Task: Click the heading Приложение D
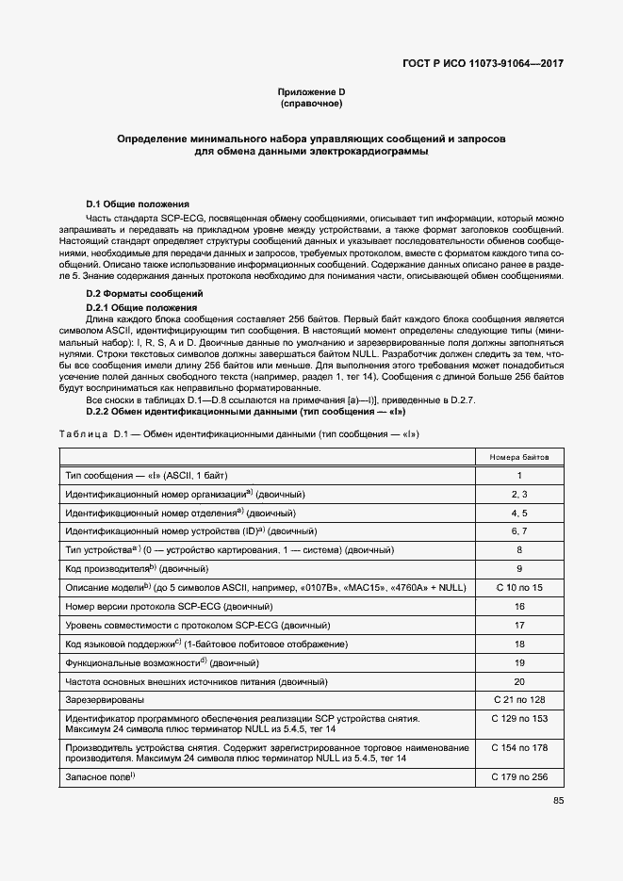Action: [311, 91]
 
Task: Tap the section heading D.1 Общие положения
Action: [138, 204]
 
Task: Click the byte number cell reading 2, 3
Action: [518, 494]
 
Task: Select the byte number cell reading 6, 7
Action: [518, 532]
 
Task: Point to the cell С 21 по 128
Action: [518, 700]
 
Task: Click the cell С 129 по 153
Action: [518, 719]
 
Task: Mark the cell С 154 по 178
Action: [518, 748]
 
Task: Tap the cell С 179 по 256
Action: [518, 776]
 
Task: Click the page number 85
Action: [558, 802]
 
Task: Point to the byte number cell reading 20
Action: [518, 681]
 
